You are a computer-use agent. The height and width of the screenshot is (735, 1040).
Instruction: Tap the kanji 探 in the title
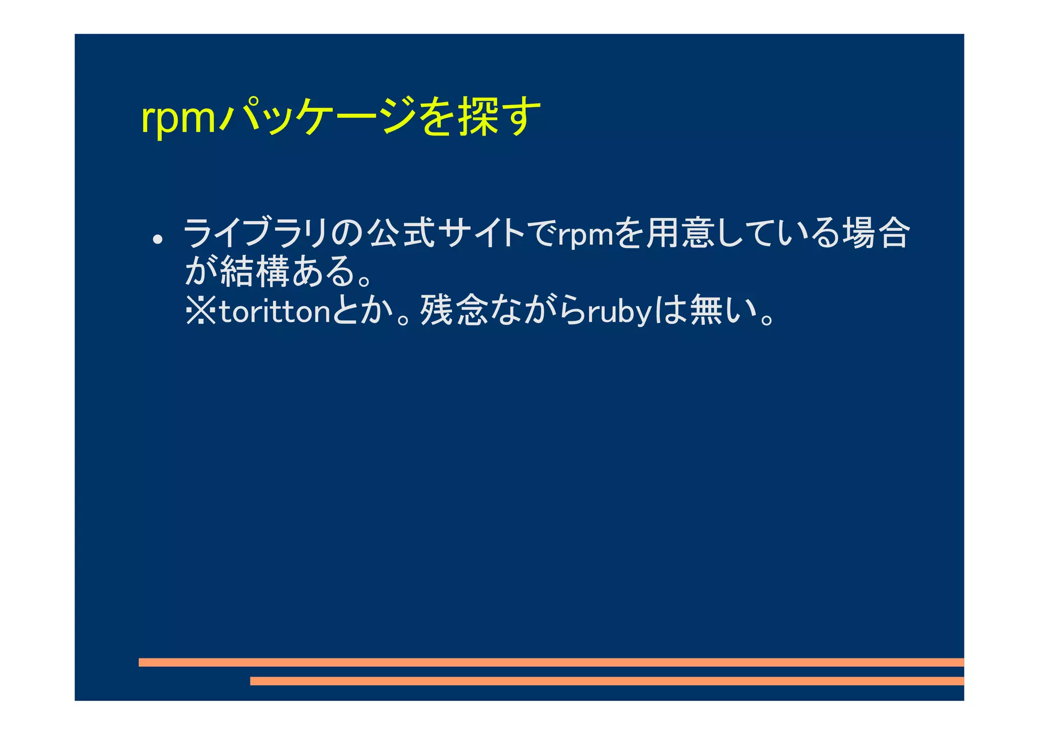click(478, 116)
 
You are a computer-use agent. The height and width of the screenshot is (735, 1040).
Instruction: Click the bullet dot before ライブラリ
click(158, 240)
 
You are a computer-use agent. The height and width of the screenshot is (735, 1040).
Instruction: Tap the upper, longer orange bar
click(551, 662)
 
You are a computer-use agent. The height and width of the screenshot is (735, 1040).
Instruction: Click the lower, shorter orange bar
click(607, 681)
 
